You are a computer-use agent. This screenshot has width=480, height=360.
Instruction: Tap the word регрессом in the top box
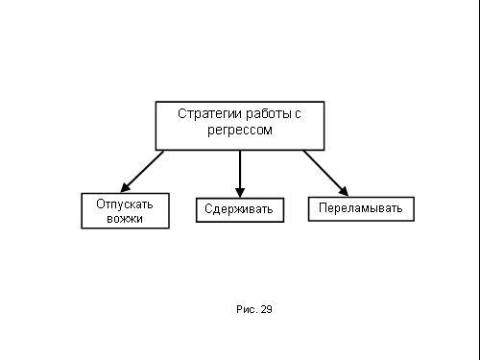240,131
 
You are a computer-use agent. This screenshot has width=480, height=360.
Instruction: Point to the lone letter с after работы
298,114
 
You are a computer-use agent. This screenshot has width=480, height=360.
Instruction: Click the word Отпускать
125,204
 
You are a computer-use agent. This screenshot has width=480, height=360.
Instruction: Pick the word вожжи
125,219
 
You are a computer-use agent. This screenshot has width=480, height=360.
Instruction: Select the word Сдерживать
239,209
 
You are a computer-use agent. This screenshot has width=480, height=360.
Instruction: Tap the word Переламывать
361,208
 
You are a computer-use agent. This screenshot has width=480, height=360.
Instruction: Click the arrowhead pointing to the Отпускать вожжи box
125,188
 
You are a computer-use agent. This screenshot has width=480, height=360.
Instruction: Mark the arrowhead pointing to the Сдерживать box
240,193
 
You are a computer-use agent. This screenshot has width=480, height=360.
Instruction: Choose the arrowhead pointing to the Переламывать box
344,191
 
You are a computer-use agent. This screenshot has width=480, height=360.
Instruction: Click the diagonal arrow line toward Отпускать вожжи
142,172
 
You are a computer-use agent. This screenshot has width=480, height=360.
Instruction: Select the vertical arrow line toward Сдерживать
240,174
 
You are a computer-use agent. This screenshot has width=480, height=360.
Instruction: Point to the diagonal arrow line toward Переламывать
325,173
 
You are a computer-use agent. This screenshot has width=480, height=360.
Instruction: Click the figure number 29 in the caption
266,309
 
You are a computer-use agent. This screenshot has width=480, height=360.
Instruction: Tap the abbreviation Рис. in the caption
247,309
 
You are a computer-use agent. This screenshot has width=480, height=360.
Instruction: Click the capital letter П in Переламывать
323,207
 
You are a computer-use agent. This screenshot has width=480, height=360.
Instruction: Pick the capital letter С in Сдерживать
208,208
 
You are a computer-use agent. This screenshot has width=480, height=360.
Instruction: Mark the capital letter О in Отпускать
101,204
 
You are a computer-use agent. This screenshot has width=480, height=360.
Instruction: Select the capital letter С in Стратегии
181,114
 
